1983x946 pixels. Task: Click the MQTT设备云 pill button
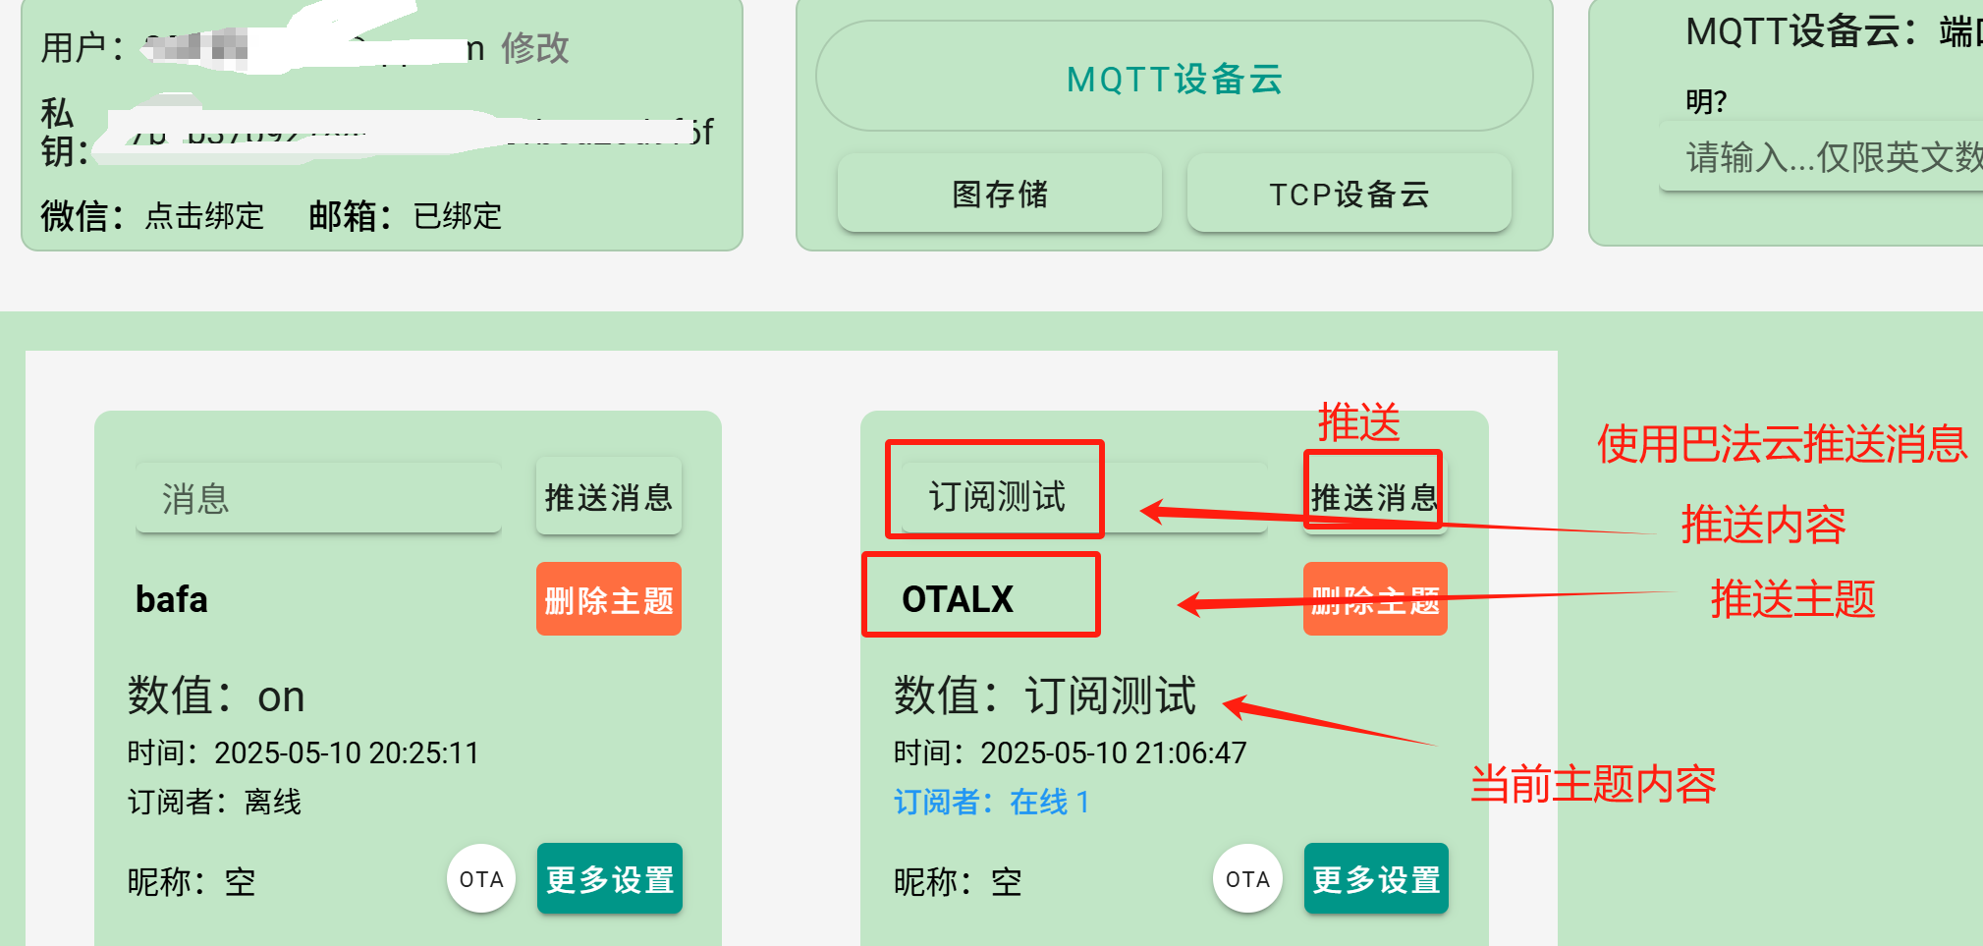(x=1174, y=78)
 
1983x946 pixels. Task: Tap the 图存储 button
(x=1000, y=194)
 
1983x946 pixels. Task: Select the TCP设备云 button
(x=1349, y=194)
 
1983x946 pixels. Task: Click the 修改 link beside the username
(x=534, y=47)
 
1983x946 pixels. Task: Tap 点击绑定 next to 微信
(x=204, y=215)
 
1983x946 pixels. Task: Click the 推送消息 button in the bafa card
(x=608, y=497)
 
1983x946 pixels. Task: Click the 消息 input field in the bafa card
(x=318, y=498)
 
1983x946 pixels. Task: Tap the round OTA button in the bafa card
(x=481, y=879)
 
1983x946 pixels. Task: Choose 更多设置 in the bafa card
(x=609, y=879)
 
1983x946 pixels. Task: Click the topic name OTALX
(x=958, y=598)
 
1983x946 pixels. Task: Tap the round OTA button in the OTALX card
(x=1247, y=879)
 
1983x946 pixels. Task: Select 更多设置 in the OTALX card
(x=1376, y=879)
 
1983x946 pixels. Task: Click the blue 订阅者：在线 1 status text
(x=991, y=802)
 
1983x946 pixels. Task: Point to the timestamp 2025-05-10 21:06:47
(x=1113, y=752)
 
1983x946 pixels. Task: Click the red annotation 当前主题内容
(x=1592, y=784)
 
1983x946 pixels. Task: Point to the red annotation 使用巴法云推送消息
(x=1782, y=444)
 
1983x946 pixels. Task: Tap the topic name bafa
(x=172, y=598)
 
